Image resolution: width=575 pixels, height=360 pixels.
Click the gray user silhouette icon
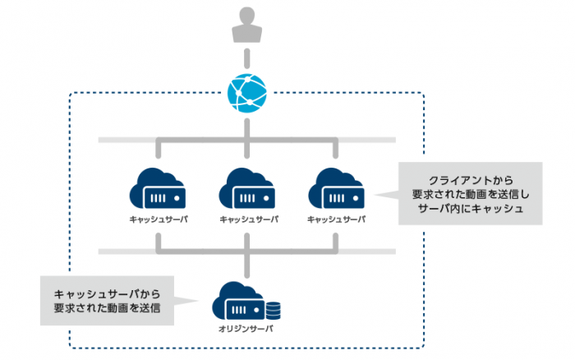[246, 25]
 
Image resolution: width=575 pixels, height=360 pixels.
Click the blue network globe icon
[246, 93]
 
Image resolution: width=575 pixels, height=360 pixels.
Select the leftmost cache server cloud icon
[158, 188]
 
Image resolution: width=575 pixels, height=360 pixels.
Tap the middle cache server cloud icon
[246, 188]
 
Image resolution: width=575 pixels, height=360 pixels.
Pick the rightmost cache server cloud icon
[336, 188]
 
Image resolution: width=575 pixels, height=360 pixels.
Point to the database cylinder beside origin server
[274, 311]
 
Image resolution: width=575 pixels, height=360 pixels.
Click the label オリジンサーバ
[246, 329]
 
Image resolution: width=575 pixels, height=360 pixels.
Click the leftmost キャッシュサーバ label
[159, 219]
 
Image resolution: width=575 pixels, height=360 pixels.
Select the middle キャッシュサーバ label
[249, 219]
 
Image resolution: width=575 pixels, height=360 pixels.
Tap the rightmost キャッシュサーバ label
[336, 219]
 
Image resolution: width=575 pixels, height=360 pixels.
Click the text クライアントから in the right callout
[471, 181]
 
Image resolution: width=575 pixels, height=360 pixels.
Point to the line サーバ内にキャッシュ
[471, 209]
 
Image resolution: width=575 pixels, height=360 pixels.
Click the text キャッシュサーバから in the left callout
[107, 294]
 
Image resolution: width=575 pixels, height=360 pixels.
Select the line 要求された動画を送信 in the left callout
[107, 308]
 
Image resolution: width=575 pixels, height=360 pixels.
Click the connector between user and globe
[246, 58]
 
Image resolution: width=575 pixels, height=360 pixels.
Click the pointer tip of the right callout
[374, 195]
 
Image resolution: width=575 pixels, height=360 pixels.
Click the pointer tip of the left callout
[199, 301]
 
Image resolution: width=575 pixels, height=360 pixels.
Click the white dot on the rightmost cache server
[356, 198]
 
